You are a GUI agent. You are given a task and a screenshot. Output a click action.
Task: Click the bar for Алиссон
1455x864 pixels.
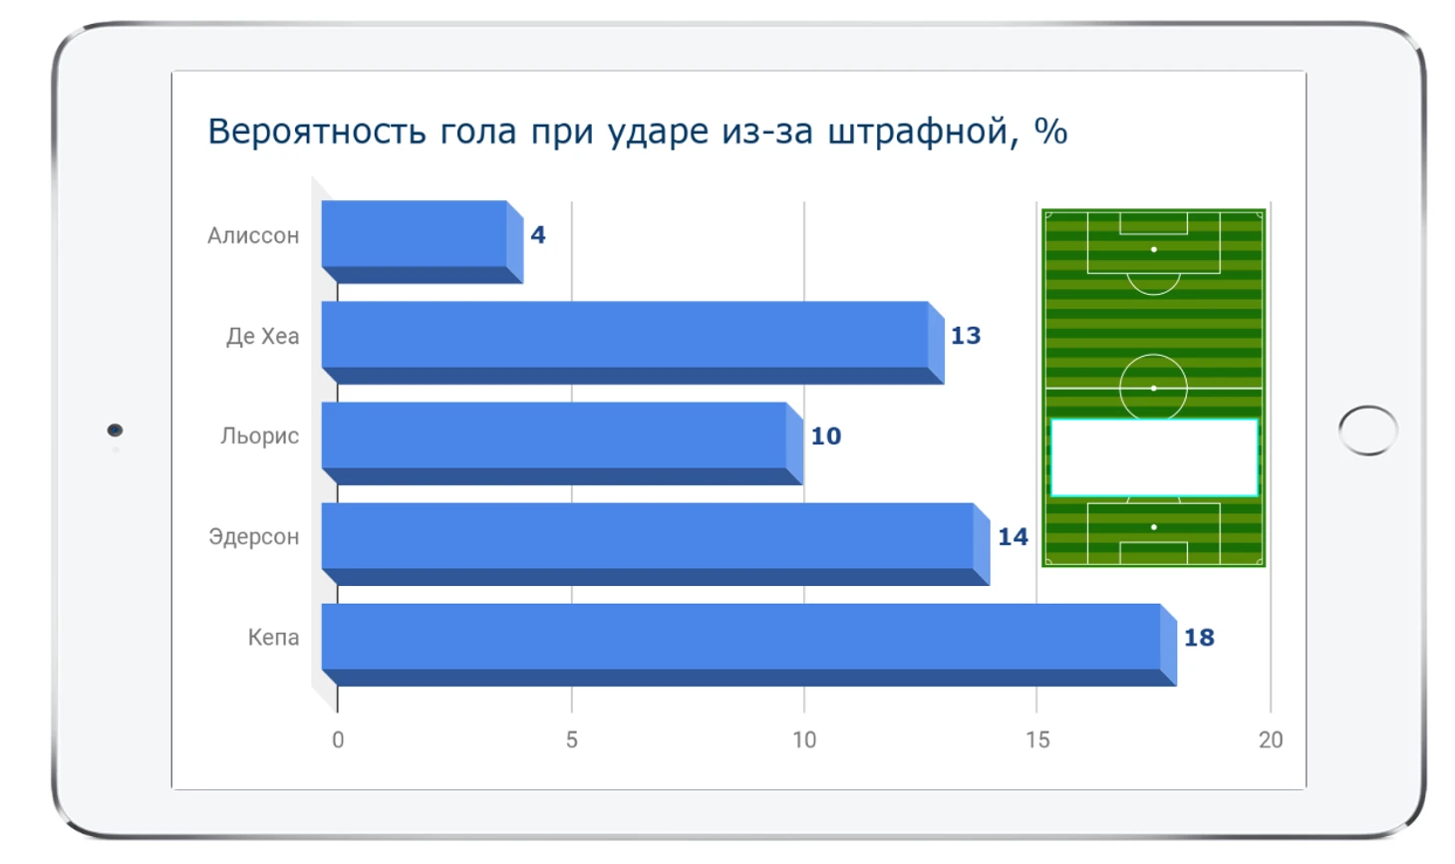click(423, 241)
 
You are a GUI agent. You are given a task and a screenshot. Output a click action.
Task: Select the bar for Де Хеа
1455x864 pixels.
click(633, 343)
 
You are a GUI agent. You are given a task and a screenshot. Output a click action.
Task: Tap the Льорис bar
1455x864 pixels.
click(562, 443)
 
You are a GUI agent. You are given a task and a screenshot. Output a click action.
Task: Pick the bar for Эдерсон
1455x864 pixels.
click(656, 544)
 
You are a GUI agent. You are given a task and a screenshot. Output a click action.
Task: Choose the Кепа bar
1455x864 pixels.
click(749, 645)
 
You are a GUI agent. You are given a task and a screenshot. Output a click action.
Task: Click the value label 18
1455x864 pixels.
click(1199, 637)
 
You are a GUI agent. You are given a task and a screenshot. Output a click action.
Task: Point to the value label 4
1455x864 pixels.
click(538, 234)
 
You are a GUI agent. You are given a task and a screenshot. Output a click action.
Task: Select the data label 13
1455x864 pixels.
click(966, 335)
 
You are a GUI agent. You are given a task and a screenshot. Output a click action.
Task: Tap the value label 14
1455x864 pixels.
click(1013, 536)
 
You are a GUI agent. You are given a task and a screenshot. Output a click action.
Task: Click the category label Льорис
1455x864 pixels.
click(260, 435)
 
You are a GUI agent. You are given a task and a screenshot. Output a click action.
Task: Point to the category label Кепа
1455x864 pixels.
click(273, 637)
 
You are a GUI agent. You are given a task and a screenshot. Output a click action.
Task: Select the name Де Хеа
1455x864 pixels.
click(262, 336)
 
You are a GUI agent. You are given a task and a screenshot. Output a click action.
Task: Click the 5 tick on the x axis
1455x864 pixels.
click(572, 739)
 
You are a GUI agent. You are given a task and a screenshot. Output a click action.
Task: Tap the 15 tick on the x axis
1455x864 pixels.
click(1037, 739)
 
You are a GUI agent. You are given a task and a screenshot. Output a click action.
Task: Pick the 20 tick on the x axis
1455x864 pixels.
click(1271, 739)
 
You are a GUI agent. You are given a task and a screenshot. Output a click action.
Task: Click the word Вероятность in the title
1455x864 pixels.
click(317, 132)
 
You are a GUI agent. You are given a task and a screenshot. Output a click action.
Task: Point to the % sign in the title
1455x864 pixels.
click(1051, 132)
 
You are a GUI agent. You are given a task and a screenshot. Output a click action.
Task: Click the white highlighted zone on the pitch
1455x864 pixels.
click(1154, 458)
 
